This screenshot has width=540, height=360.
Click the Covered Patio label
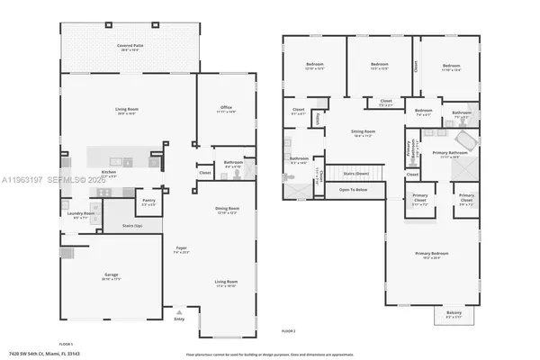(130, 46)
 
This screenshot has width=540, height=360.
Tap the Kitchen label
(109, 172)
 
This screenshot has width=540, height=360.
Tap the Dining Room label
(227, 211)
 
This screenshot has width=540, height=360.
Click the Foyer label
(180, 250)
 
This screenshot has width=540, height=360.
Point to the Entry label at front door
(178, 319)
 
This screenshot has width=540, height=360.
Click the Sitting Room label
(363, 131)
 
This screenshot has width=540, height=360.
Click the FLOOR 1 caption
(66, 344)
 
